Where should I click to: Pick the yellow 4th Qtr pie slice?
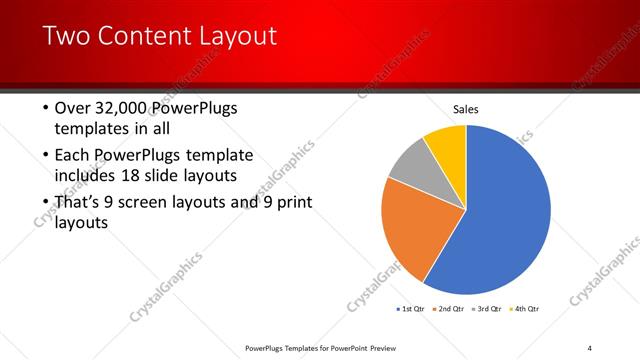point(446,145)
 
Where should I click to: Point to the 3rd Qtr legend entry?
point(487,309)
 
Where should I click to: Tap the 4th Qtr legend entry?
point(524,309)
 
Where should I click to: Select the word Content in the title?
point(147,38)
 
